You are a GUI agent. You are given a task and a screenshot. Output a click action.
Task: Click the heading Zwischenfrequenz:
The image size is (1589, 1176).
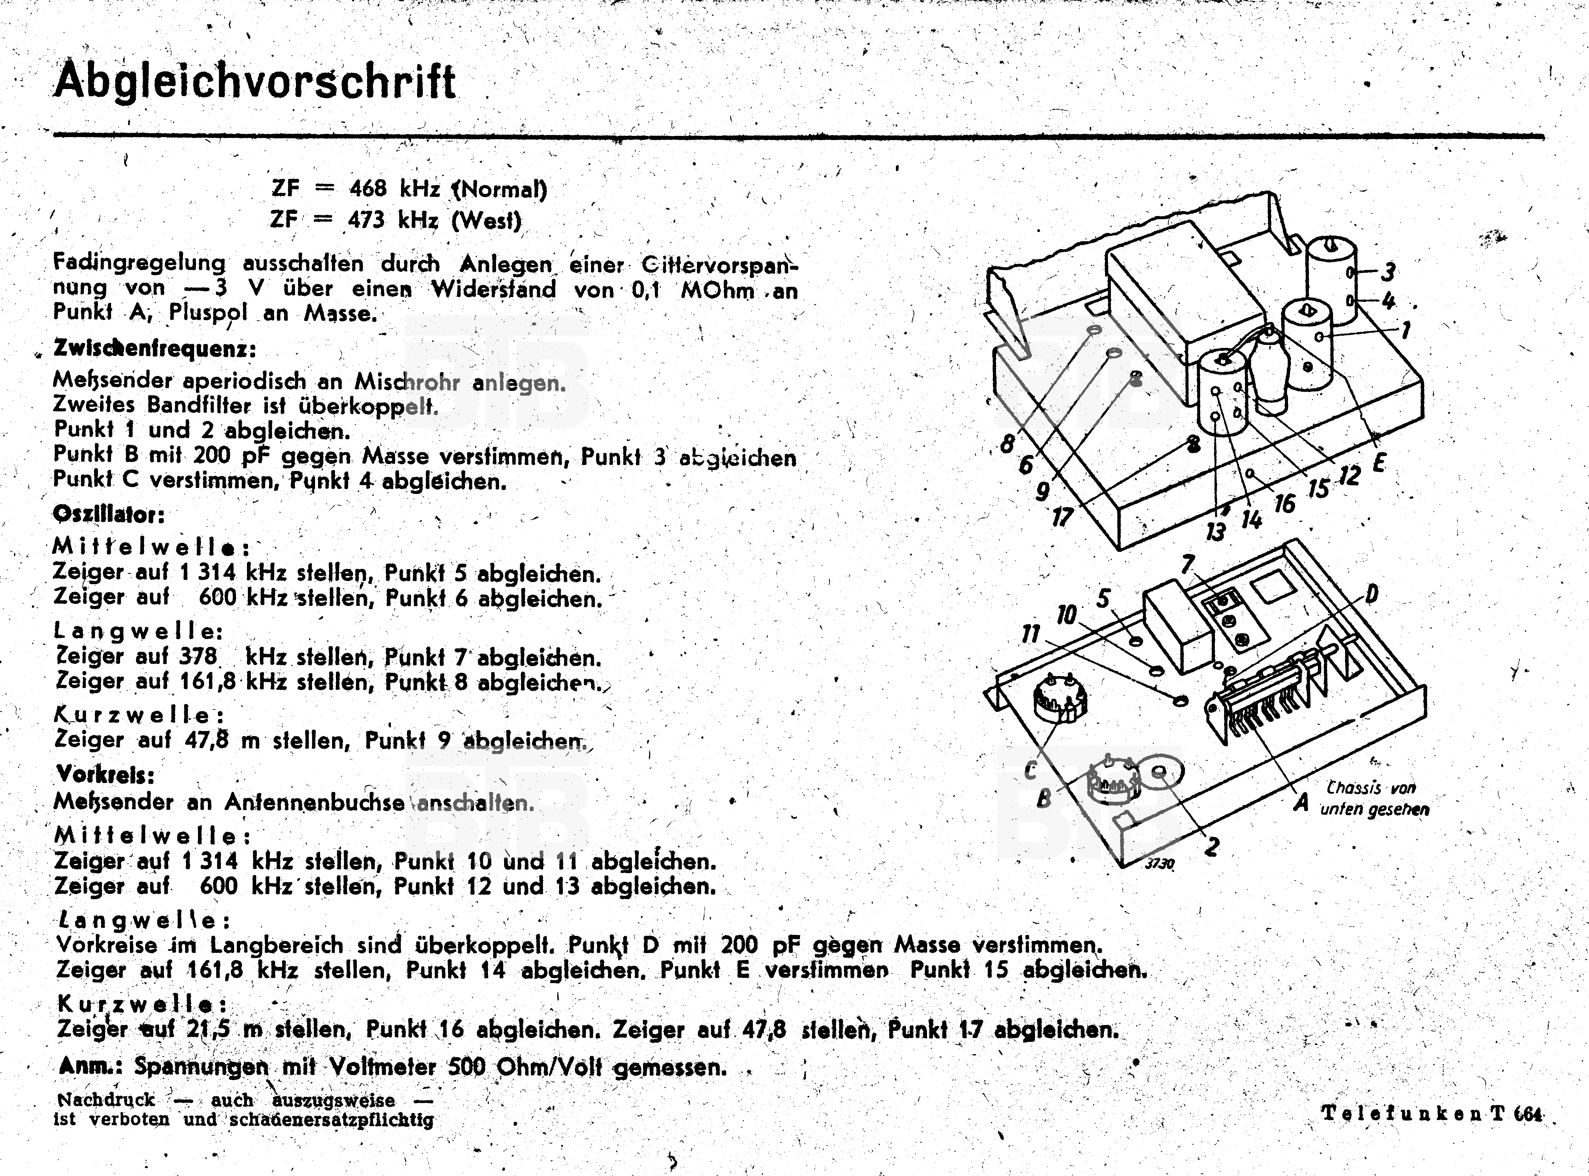coord(154,349)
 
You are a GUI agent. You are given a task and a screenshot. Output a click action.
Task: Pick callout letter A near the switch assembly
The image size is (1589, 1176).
coord(1301,803)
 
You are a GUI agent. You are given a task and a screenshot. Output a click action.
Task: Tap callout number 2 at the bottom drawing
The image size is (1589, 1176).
coord(1211,846)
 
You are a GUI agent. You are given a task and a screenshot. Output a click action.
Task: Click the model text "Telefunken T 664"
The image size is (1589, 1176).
coord(1432,1113)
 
